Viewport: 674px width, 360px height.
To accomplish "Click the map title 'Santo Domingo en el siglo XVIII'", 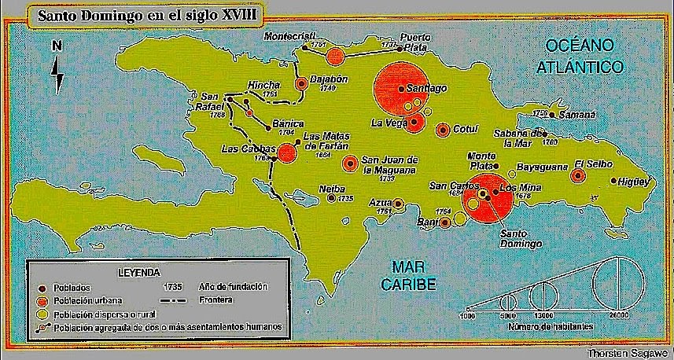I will (x=134, y=13).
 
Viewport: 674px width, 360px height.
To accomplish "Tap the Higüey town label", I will (x=633, y=181).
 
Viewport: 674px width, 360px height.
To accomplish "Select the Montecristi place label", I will (x=289, y=36).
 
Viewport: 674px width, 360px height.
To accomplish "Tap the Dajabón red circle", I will (x=301, y=83).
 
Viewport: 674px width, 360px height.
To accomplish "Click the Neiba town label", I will (x=331, y=189).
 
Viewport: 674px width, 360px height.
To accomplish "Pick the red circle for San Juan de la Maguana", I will (x=351, y=163).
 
